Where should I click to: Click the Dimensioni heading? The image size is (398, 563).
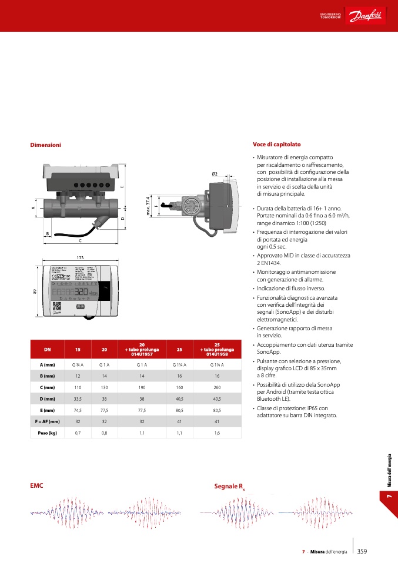click(x=45, y=145)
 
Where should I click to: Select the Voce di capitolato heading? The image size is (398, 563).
click(x=276, y=144)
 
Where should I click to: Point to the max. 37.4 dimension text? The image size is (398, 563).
click(x=148, y=206)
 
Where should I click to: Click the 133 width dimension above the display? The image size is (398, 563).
click(x=80, y=257)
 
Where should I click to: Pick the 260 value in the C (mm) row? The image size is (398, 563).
click(x=217, y=388)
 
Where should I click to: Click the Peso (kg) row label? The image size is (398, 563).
click(x=48, y=433)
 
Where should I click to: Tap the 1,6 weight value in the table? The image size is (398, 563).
click(x=217, y=433)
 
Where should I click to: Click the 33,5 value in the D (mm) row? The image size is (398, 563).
click(x=77, y=399)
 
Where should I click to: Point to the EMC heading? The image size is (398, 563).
click(x=36, y=486)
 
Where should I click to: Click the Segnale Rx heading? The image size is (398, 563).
click(x=229, y=487)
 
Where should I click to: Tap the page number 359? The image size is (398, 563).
click(x=362, y=551)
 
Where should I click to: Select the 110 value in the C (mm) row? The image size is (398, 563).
click(x=77, y=388)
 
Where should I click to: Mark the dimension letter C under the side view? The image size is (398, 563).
click(x=80, y=240)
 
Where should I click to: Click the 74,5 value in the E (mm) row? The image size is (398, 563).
click(x=77, y=410)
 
